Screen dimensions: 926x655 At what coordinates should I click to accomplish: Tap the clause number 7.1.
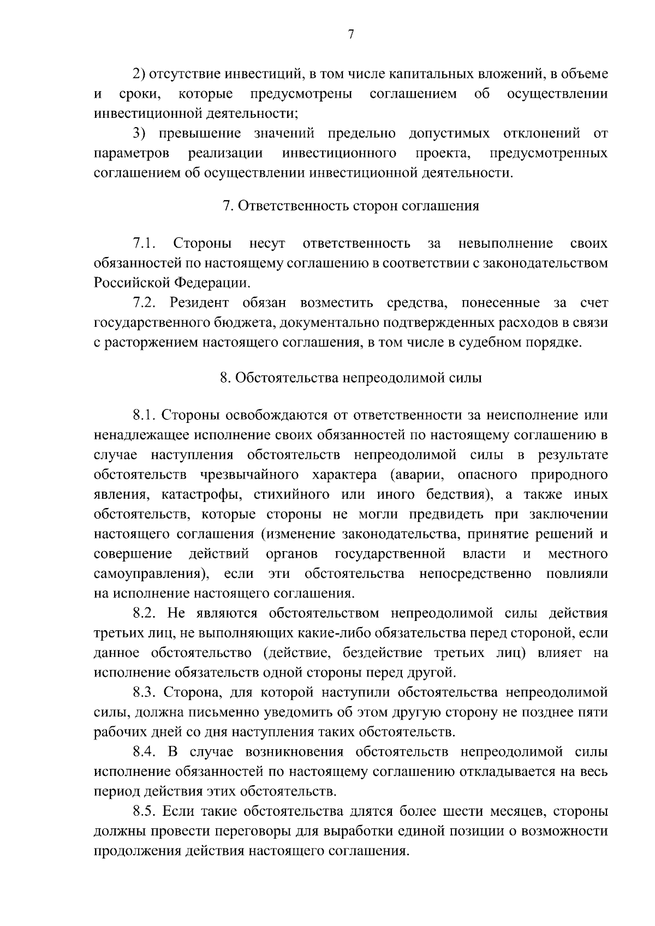[x=145, y=243]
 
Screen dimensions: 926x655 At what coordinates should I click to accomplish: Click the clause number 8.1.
[x=145, y=415]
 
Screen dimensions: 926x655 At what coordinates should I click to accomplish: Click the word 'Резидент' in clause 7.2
[x=199, y=303]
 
